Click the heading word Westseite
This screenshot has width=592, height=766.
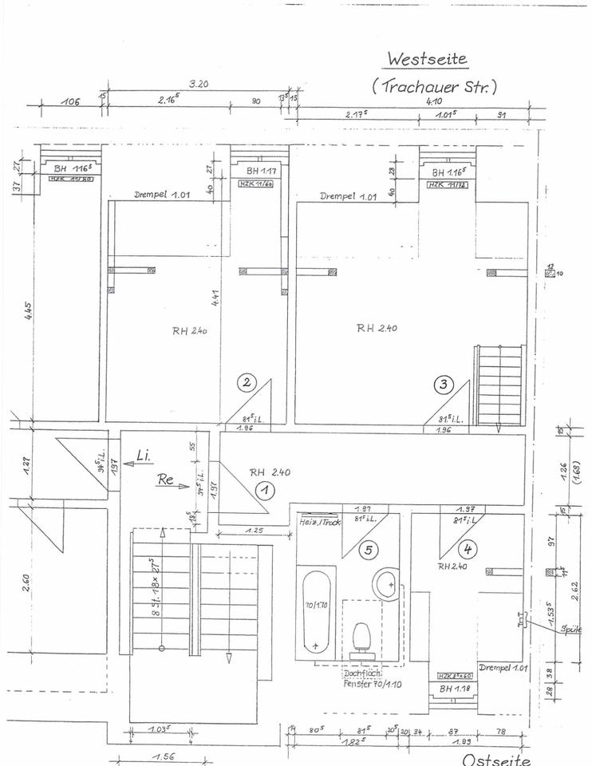click(426, 59)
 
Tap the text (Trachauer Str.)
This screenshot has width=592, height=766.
click(434, 87)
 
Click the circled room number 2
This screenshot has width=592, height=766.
click(247, 383)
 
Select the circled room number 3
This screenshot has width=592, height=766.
click(444, 384)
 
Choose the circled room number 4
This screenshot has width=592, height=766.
click(468, 548)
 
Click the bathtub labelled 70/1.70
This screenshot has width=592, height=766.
click(316, 610)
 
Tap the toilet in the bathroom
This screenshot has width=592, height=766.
click(361, 638)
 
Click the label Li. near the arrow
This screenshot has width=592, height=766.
click(144, 456)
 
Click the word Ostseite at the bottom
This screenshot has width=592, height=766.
click(495, 760)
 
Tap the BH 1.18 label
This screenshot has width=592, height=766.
click(452, 688)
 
